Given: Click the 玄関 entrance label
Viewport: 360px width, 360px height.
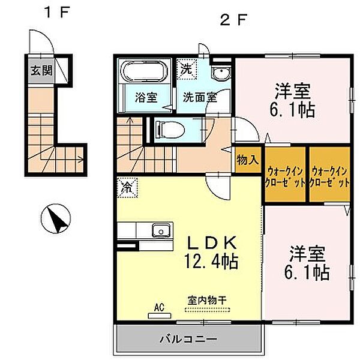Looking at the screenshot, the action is point(42,70).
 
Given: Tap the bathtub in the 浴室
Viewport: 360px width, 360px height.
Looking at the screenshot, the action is point(144,71).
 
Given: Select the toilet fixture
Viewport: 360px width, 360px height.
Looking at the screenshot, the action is point(170,130).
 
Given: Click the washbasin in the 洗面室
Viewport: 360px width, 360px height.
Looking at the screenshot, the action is point(221,72).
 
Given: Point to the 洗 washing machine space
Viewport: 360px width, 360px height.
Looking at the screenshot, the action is point(187,69).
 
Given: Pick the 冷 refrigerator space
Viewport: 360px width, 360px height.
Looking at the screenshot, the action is point(127,187).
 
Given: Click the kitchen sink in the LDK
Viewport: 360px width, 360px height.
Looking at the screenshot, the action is point(161,230).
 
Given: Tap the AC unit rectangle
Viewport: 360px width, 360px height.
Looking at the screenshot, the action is point(160,316).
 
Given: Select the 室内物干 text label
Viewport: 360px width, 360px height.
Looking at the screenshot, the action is point(207,300).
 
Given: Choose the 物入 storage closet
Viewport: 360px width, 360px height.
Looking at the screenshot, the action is point(248,160).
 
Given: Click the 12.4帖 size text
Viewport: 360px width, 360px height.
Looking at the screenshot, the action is point(211,262).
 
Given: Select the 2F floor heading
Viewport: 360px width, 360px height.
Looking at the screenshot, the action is point(233,20).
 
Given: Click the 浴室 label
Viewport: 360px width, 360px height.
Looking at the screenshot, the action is point(146,97).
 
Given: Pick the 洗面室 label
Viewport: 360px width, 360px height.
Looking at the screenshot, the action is point(200,97).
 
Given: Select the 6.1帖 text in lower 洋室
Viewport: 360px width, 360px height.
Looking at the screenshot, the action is point(307,272).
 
